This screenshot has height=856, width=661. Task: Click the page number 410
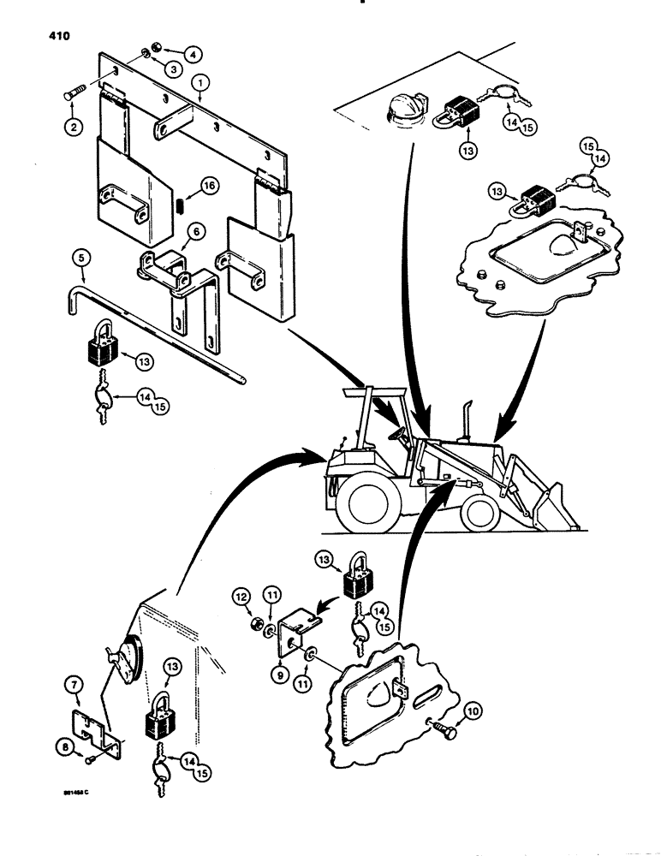[x=35, y=36]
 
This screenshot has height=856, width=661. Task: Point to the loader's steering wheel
[x=396, y=435]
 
